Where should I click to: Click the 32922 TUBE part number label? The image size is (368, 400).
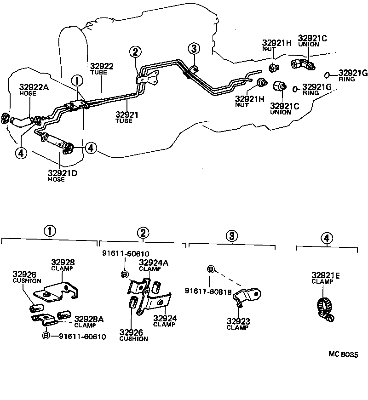point(101,66)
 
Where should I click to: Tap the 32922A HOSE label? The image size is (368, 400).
point(34,86)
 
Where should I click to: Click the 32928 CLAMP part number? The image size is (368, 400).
point(63,262)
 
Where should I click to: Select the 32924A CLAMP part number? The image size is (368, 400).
point(154,263)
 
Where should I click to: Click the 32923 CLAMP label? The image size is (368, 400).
point(237,321)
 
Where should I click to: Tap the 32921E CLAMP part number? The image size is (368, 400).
point(326,275)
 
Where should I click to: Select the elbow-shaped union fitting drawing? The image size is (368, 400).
point(302,65)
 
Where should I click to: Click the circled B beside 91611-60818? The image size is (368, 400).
point(211,269)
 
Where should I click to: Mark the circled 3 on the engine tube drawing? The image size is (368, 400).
point(194,48)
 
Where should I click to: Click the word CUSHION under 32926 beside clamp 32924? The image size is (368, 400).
point(133,339)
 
